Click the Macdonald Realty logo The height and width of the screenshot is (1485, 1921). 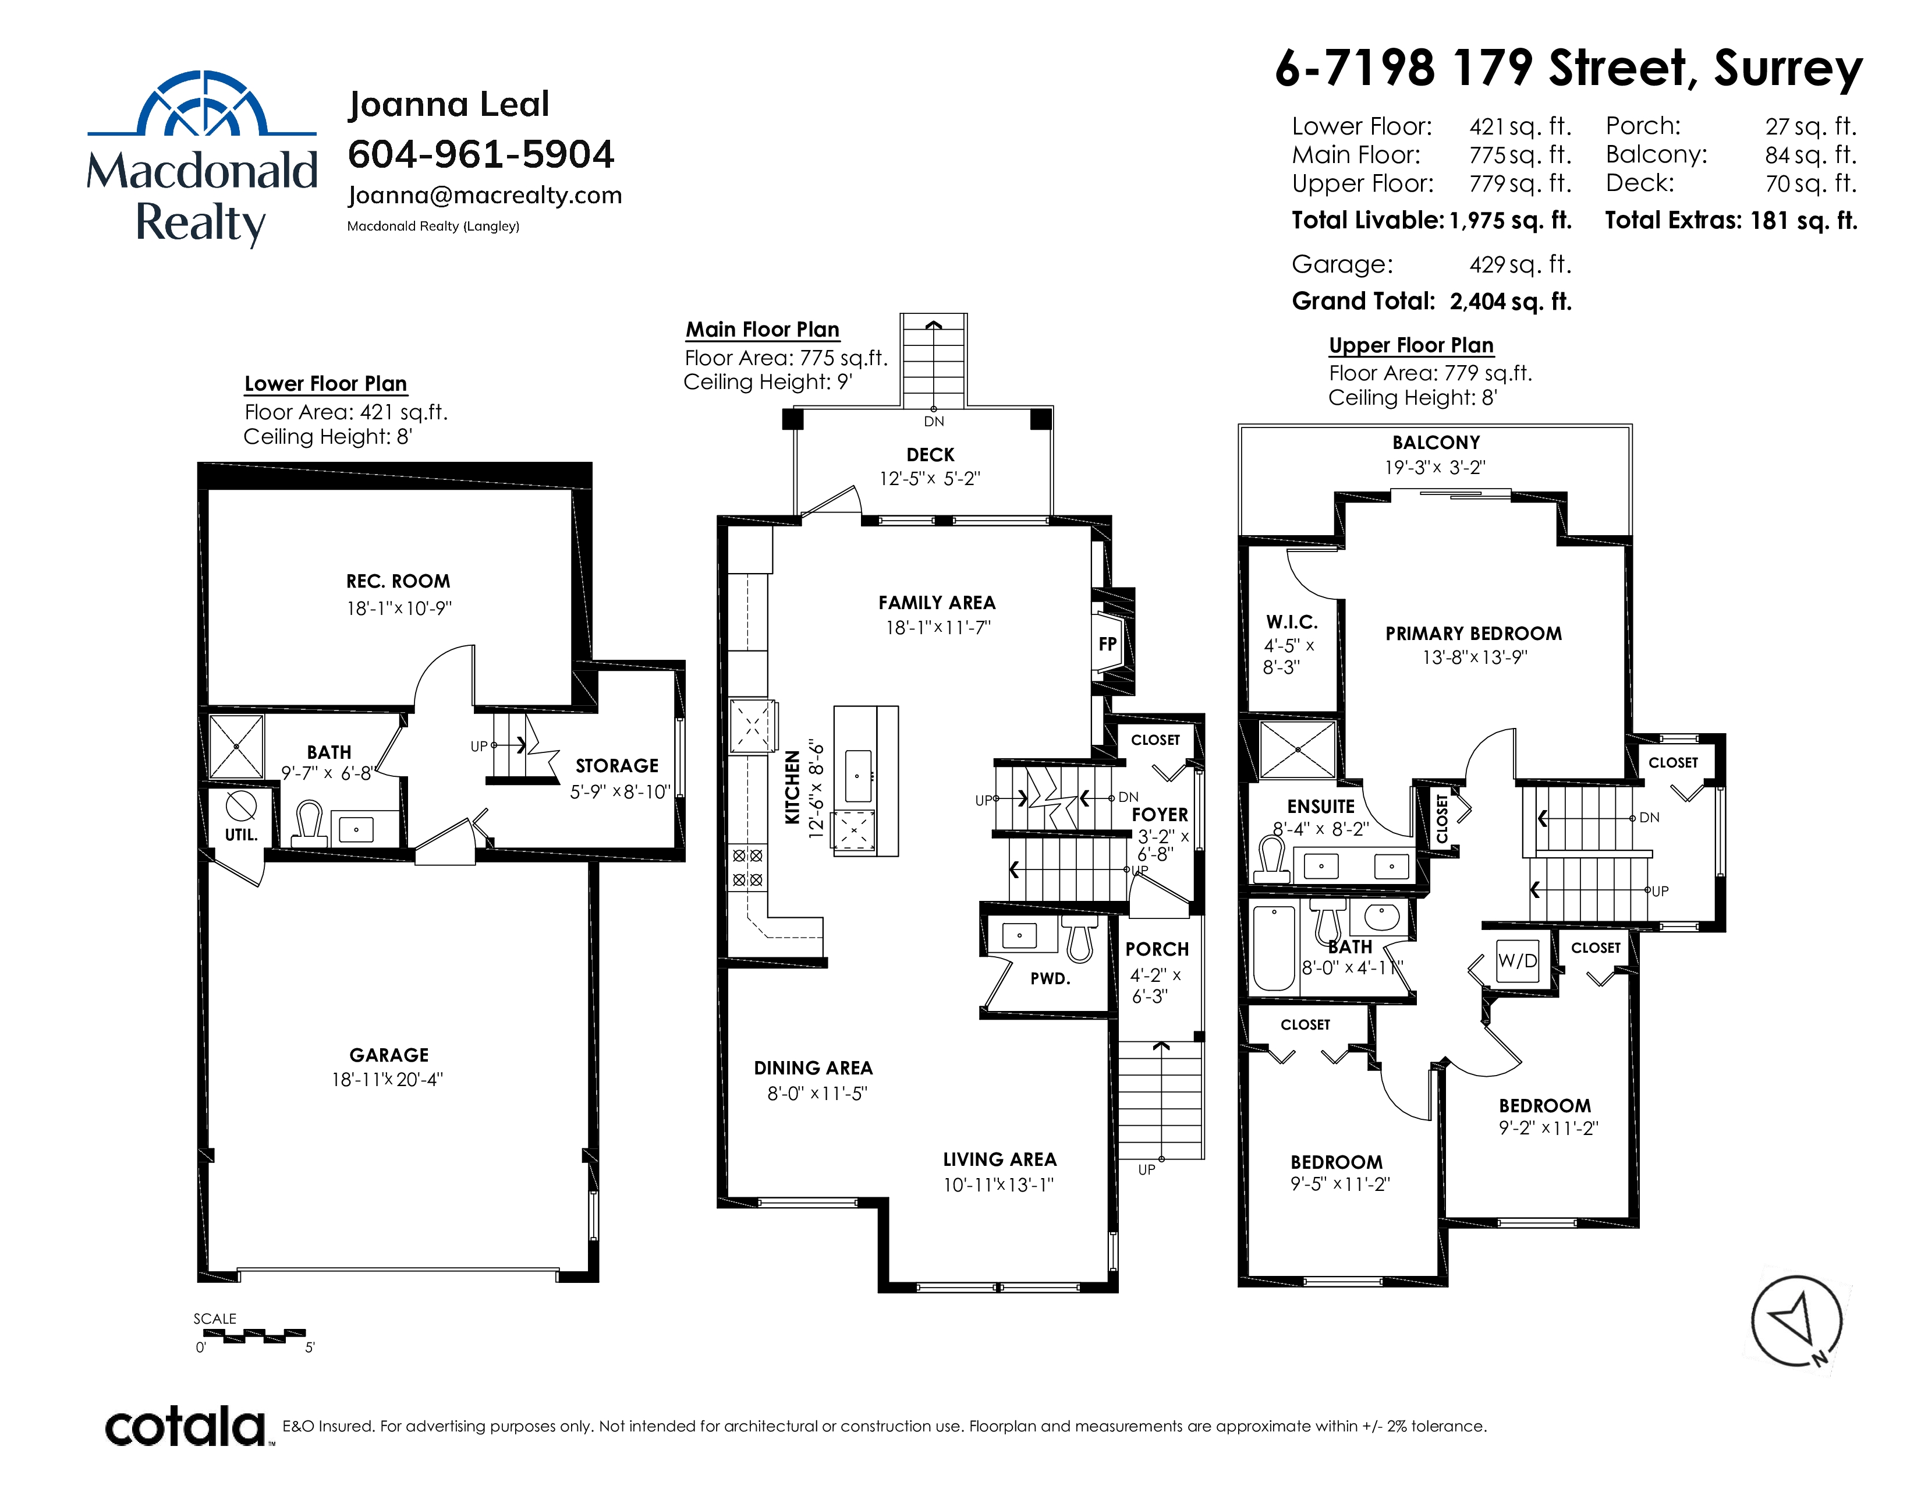click(x=201, y=158)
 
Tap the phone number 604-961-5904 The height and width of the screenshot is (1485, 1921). click(x=481, y=155)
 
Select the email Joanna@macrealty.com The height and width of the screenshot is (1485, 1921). click(x=485, y=195)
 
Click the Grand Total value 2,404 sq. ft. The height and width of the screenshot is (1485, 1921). click(x=1510, y=302)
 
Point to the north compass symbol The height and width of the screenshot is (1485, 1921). click(x=1797, y=1321)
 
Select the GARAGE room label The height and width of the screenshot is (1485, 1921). click(x=389, y=1055)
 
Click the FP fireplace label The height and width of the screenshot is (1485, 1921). click(x=1107, y=644)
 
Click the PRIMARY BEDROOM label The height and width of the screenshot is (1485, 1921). click(x=1473, y=634)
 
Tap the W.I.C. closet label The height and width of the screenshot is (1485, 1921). click(x=1291, y=622)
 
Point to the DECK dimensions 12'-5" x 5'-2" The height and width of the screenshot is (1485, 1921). click(x=930, y=479)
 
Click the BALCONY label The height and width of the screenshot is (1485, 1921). click(x=1436, y=443)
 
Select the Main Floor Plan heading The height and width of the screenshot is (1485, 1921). click(x=763, y=330)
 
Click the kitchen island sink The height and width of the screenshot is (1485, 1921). click(x=857, y=776)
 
